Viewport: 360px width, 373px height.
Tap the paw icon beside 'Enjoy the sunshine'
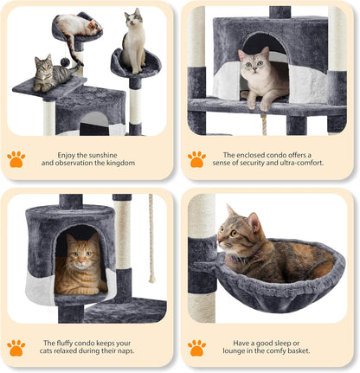coord(16,158)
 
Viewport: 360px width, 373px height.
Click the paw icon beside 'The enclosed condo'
coord(197,158)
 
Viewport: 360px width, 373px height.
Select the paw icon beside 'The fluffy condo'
coord(16,347)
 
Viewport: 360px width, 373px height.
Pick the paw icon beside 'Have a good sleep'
coord(197,347)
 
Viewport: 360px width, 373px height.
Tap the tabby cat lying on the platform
coord(52,75)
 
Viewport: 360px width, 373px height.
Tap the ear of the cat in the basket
coord(231,211)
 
